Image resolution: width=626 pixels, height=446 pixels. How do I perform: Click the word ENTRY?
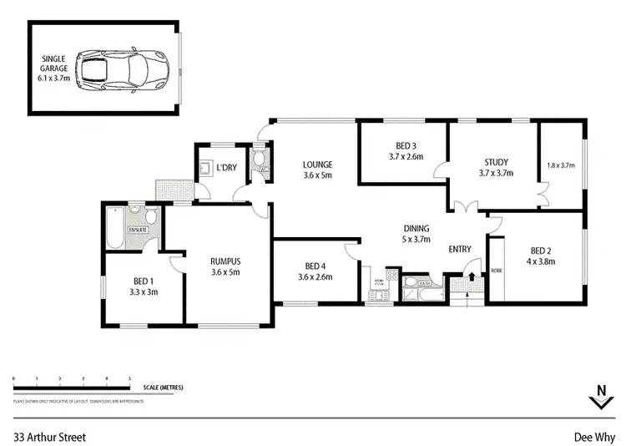pyautogui.click(x=460, y=249)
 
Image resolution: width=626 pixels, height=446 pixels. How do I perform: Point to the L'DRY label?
pyautogui.click(x=225, y=169)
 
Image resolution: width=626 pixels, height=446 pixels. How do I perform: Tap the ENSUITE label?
pyautogui.click(x=138, y=230)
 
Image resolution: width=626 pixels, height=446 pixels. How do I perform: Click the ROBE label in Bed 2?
pyautogui.click(x=497, y=271)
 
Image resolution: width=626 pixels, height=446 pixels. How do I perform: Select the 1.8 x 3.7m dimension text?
pyautogui.click(x=561, y=165)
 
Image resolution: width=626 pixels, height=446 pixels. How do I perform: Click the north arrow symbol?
pyautogui.click(x=601, y=398)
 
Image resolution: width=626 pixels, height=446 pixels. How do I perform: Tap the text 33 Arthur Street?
pyautogui.click(x=49, y=436)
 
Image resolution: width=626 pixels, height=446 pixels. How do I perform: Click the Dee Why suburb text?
pyautogui.click(x=593, y=436)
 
